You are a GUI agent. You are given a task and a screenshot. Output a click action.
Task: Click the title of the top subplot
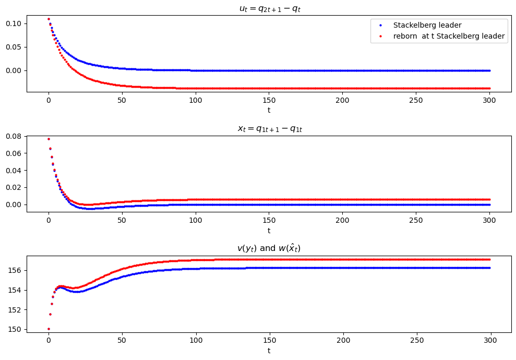click(269, 8)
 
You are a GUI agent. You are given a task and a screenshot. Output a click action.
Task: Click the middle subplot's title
click(269, 128)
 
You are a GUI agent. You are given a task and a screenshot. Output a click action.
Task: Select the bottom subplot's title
click(269, 248)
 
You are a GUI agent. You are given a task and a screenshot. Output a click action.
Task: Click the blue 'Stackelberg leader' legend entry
click(427, 25)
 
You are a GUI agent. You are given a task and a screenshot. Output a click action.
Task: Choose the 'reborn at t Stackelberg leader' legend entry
click(448, 36)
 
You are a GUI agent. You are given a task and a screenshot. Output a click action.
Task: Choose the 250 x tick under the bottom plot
click(416, 341)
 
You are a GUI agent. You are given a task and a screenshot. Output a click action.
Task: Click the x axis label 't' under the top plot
click(269, 110)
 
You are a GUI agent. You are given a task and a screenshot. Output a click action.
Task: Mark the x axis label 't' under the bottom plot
click(269, 351)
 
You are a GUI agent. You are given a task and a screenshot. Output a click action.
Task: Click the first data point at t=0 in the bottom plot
click(49, 329)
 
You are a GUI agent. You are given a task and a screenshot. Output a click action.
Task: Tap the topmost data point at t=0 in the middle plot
click(49, 139)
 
